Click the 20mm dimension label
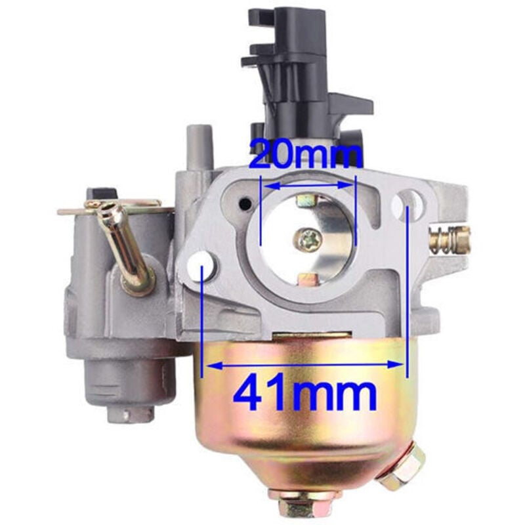(306, 156)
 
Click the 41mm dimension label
(306, 394)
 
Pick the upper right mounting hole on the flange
(408, 200)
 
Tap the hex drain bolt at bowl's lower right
(401, 467)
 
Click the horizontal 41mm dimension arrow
(306, 363)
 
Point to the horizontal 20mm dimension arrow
(308, 186)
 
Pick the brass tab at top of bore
(307, 199)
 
